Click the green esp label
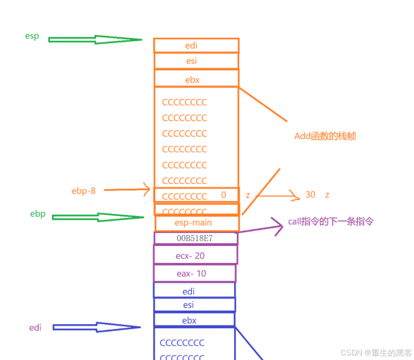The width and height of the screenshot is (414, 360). coord(32,36)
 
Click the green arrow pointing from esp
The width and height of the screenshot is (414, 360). coord(95,40)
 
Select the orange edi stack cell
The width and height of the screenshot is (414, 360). coord(196,45)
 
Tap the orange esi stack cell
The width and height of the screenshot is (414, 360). coord(196,61)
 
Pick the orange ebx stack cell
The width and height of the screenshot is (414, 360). coord(196,79)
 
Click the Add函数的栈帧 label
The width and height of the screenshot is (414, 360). coord(325,136)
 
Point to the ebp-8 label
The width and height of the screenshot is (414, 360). coord(83,191)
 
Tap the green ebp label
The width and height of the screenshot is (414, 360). coord(38,213)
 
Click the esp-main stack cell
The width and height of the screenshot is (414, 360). coord(197,223)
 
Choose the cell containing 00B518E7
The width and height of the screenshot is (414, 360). coord(196,238)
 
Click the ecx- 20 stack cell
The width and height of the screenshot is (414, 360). coord(195,255)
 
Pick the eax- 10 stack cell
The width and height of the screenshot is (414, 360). coord(194,273)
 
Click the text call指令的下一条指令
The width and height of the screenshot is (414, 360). coord(331,222)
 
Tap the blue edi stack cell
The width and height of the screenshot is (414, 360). coord(194,291)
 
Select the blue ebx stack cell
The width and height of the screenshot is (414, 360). coord(194,320)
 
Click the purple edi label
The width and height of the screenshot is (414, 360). coord(35,327)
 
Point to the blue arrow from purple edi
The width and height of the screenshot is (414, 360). coord(96,327)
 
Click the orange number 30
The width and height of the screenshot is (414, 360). coord(310,195)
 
